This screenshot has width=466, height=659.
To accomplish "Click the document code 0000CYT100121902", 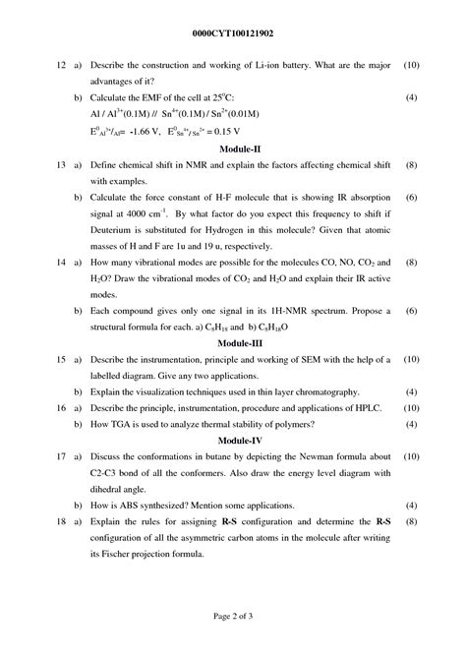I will point(232,31).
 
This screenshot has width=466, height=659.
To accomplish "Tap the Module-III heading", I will point(233,343).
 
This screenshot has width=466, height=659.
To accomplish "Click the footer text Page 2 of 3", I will point(233,616).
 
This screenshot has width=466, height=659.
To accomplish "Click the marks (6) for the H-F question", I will point(411,198).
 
